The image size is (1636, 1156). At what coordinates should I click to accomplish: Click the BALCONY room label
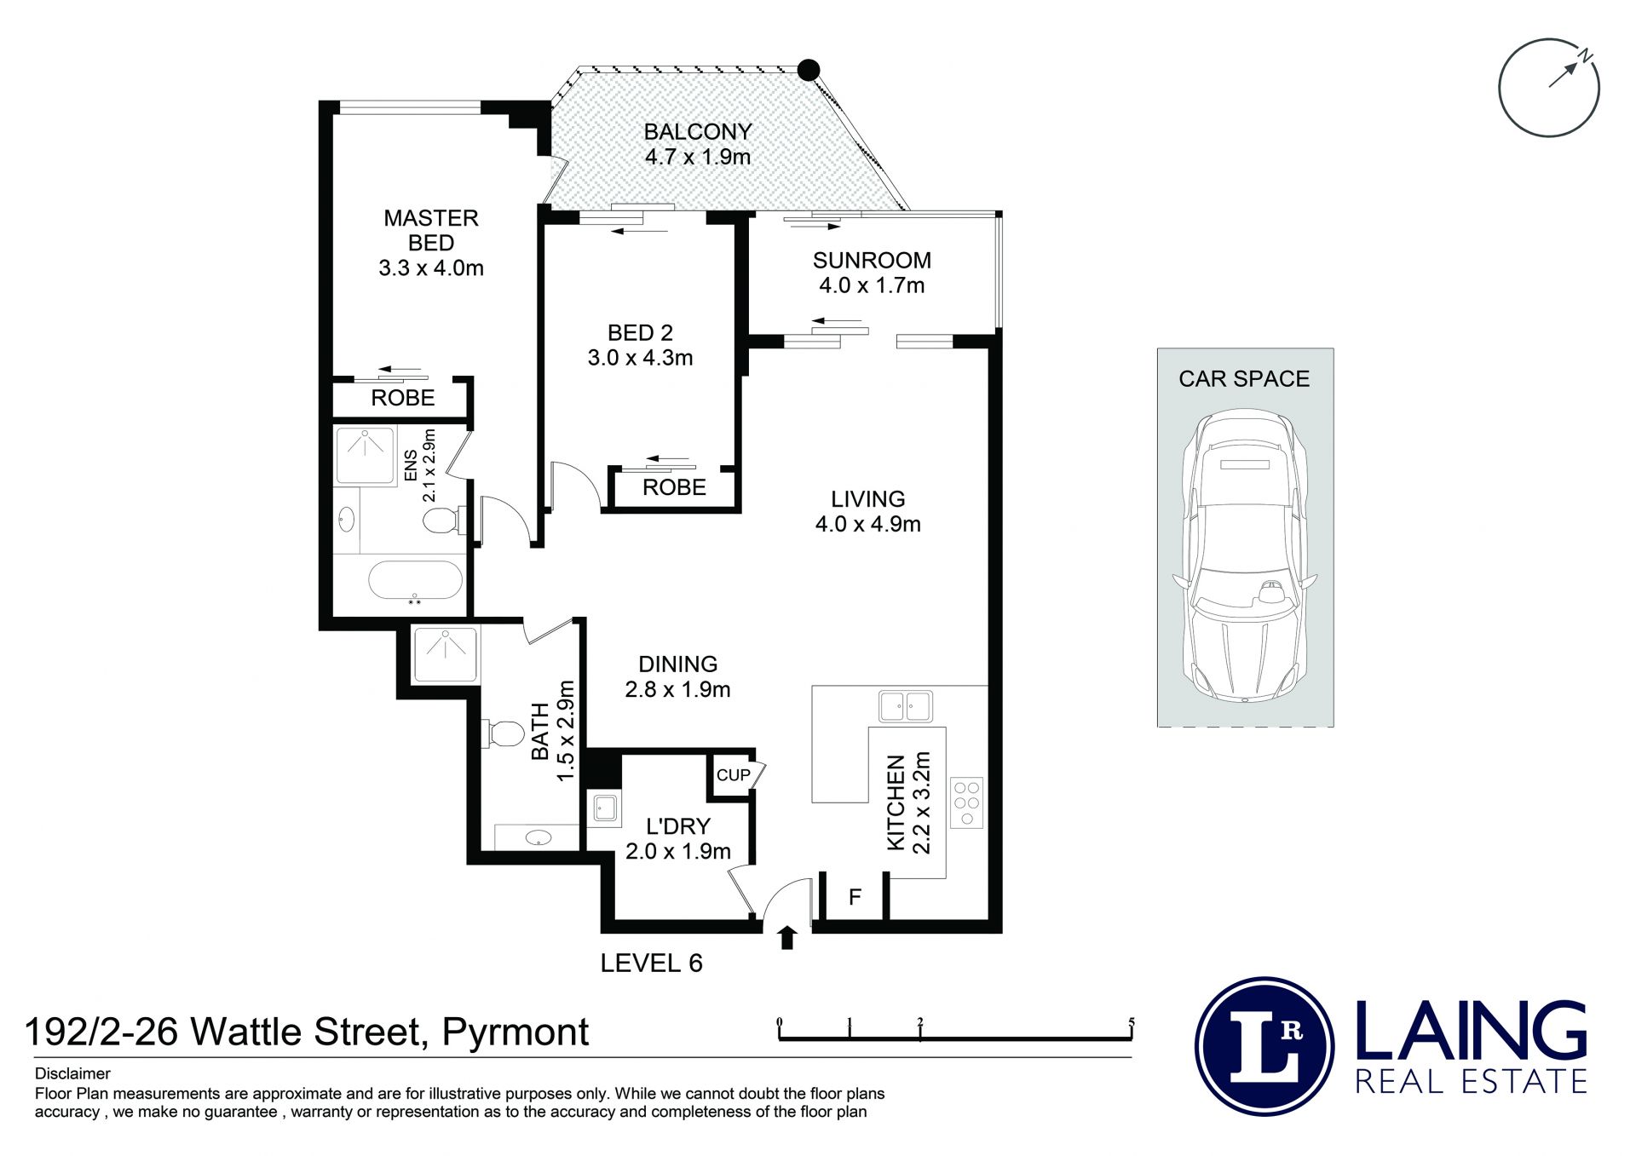pos(698,132)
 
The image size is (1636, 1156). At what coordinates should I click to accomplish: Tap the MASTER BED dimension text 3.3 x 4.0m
pos(431,268)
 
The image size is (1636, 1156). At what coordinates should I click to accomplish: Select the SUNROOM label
pos(872,261)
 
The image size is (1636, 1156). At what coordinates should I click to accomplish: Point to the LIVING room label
pos(868,499)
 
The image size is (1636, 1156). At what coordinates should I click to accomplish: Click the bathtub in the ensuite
pos(415,581)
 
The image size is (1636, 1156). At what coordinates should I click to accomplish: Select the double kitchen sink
pos(906,706)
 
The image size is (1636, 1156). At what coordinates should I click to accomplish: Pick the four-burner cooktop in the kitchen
pos(967,802)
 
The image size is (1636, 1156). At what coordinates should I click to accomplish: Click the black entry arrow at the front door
pos(787,937)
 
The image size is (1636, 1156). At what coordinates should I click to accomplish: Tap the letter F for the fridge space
pos(855,897)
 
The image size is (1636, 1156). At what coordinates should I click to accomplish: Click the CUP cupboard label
pos(733,775)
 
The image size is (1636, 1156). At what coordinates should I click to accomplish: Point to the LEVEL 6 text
pos(651,963)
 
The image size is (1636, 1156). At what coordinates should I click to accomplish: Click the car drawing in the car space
pos(1245,555)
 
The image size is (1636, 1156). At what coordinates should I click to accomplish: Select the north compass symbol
pos(1549,87)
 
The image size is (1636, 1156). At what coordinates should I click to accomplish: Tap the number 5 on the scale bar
pos(1132,1022)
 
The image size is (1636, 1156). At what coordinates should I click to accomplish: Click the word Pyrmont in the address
pos(516,1033)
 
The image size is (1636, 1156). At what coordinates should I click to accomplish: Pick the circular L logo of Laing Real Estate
pos(1264,1047)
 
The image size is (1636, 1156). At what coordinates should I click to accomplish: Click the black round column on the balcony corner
pos(809,70)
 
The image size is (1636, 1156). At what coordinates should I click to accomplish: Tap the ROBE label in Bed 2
pos(674,487)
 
